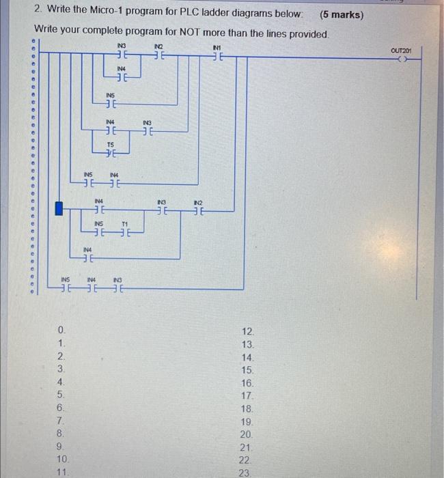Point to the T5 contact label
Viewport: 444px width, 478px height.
click(111, 145)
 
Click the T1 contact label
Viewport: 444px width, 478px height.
click(125, 223)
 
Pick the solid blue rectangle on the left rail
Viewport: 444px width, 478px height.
click(59, 208)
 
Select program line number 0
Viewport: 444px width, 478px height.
click(61, 332)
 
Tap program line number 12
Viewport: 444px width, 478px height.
click(247, 332)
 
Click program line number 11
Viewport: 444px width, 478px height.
click(61, 472)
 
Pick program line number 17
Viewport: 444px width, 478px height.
click(247, 395)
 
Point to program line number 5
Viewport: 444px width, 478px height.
click(61, 395)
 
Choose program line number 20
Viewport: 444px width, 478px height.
click(247, 434)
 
